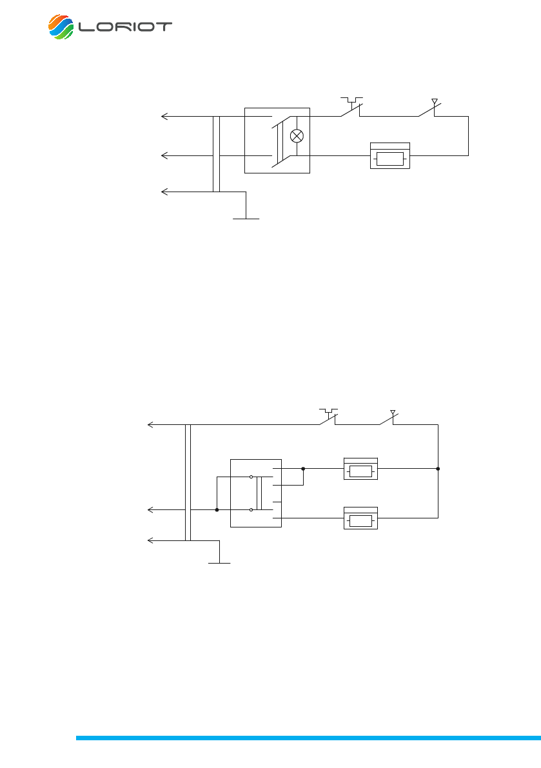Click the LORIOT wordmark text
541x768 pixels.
[x=125, y=27]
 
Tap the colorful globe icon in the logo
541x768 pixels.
[x=61, y=27]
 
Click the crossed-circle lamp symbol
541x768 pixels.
[x=297, y=135]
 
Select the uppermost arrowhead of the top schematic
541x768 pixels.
[x=164, y=117]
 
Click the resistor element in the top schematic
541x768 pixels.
[x=389, y=156]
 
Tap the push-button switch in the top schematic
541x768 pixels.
[x=352, y=108]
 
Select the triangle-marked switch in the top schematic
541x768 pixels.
[x=430, y=108]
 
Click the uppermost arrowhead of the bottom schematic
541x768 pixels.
[x=151, y=425]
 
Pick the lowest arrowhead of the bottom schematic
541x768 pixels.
[x=151, y=540]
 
